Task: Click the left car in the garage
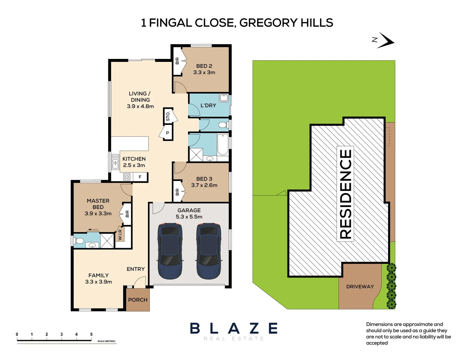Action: pos(170,251)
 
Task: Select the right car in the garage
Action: pos(209,251)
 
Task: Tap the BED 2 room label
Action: pos(204,66)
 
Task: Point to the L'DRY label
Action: pos(208,105)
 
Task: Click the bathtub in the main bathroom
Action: pos(223,144)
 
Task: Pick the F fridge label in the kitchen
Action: pos(140,177)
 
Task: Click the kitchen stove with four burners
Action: pos(127,177)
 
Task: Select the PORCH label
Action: pos(138,300)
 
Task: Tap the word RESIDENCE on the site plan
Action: pos(345,194)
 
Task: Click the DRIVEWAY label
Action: pos(360,287)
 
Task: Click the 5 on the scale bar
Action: pos(91,334)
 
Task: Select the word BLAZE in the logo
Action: pos(234,329)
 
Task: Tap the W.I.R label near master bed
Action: pos(120,235)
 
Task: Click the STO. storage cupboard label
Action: pos(168,116)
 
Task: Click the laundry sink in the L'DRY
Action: pos(224,98)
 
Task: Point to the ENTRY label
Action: pos(136,269)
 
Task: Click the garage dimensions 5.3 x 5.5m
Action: pos(189,217)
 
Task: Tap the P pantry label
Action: pos(168,133)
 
